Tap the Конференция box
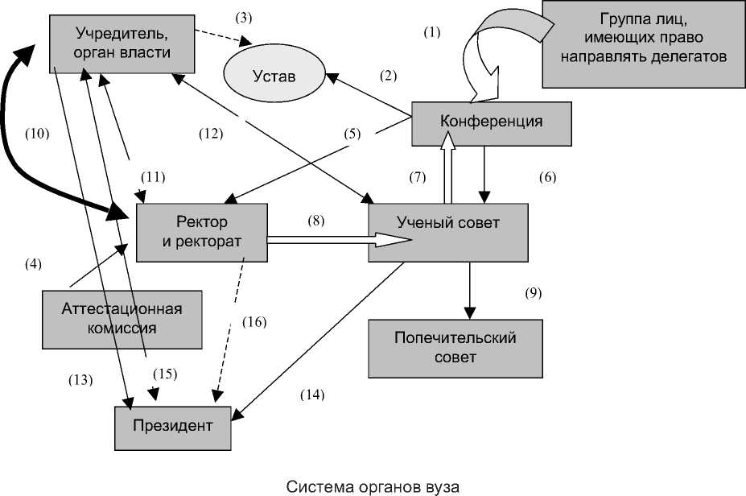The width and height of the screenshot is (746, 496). (x=491, y=122)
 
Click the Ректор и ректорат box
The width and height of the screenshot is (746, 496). (x=201, y=232)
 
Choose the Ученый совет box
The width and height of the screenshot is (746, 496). (x=448, y=232)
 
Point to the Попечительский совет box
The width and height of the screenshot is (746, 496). (x=455, y=347)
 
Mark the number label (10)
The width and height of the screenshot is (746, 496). (x=37, y=134)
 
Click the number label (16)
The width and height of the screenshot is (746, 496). (x=254, y=322)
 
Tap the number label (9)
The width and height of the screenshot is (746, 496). (x=534, y=293)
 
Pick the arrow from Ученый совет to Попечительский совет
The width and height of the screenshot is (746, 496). (x=469, y=290)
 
